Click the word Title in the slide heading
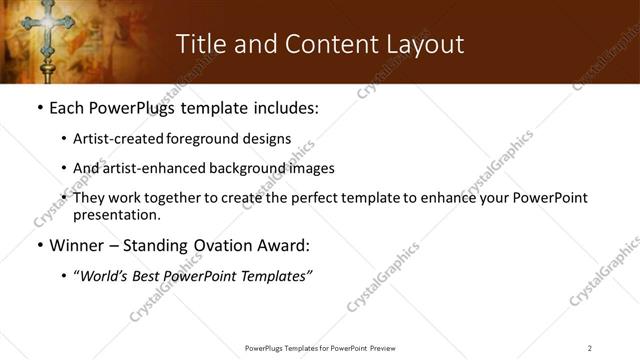(200, 44)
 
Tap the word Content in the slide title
(320, 44)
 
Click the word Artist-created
(110, 139)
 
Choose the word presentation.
(116, 214)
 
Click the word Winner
(74, 246)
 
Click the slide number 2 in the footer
(590, 347)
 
